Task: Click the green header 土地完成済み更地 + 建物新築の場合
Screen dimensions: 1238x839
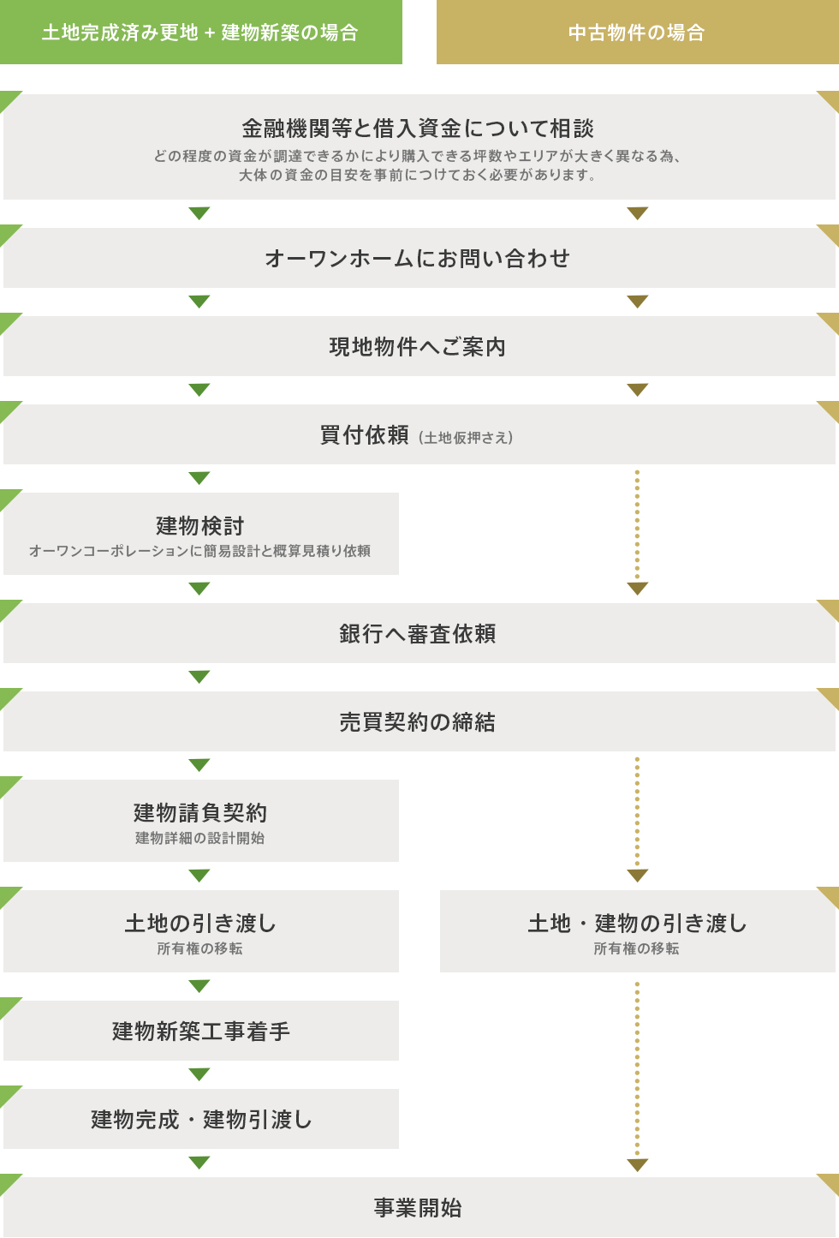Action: pos(200,33)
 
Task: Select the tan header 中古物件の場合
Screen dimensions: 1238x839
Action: pos(637,33)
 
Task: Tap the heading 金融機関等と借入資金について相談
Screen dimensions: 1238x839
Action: pos(418,129)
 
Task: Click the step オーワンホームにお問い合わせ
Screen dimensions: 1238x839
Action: pos(418,258)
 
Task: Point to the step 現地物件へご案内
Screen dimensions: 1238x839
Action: pos(418,346)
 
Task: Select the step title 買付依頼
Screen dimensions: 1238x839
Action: pos(365,435)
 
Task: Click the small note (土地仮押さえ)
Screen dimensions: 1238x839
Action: pos(466,438)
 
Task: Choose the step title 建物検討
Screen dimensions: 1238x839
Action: pos(200,525)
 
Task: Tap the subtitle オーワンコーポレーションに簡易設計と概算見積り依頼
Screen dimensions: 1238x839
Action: pos(200,551)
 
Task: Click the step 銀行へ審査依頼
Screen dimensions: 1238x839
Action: pos(418,633)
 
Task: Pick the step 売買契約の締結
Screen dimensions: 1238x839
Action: pos(418,721)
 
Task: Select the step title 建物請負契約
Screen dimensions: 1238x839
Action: pos(200,812)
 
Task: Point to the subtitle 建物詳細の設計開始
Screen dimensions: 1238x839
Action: pos(200,838)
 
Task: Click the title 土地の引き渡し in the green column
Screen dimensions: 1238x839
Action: pos(200,923)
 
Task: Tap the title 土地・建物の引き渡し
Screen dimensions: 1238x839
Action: pos(637,923)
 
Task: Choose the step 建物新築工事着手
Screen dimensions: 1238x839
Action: pos(200,1031)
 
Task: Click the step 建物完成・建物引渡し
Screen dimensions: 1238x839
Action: pos(200,1119)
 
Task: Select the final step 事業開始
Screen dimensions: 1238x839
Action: pos(418,1207)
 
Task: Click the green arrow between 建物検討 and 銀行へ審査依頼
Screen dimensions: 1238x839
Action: pos(199,589)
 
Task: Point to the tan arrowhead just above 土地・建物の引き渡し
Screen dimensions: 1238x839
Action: pos(638,876)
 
